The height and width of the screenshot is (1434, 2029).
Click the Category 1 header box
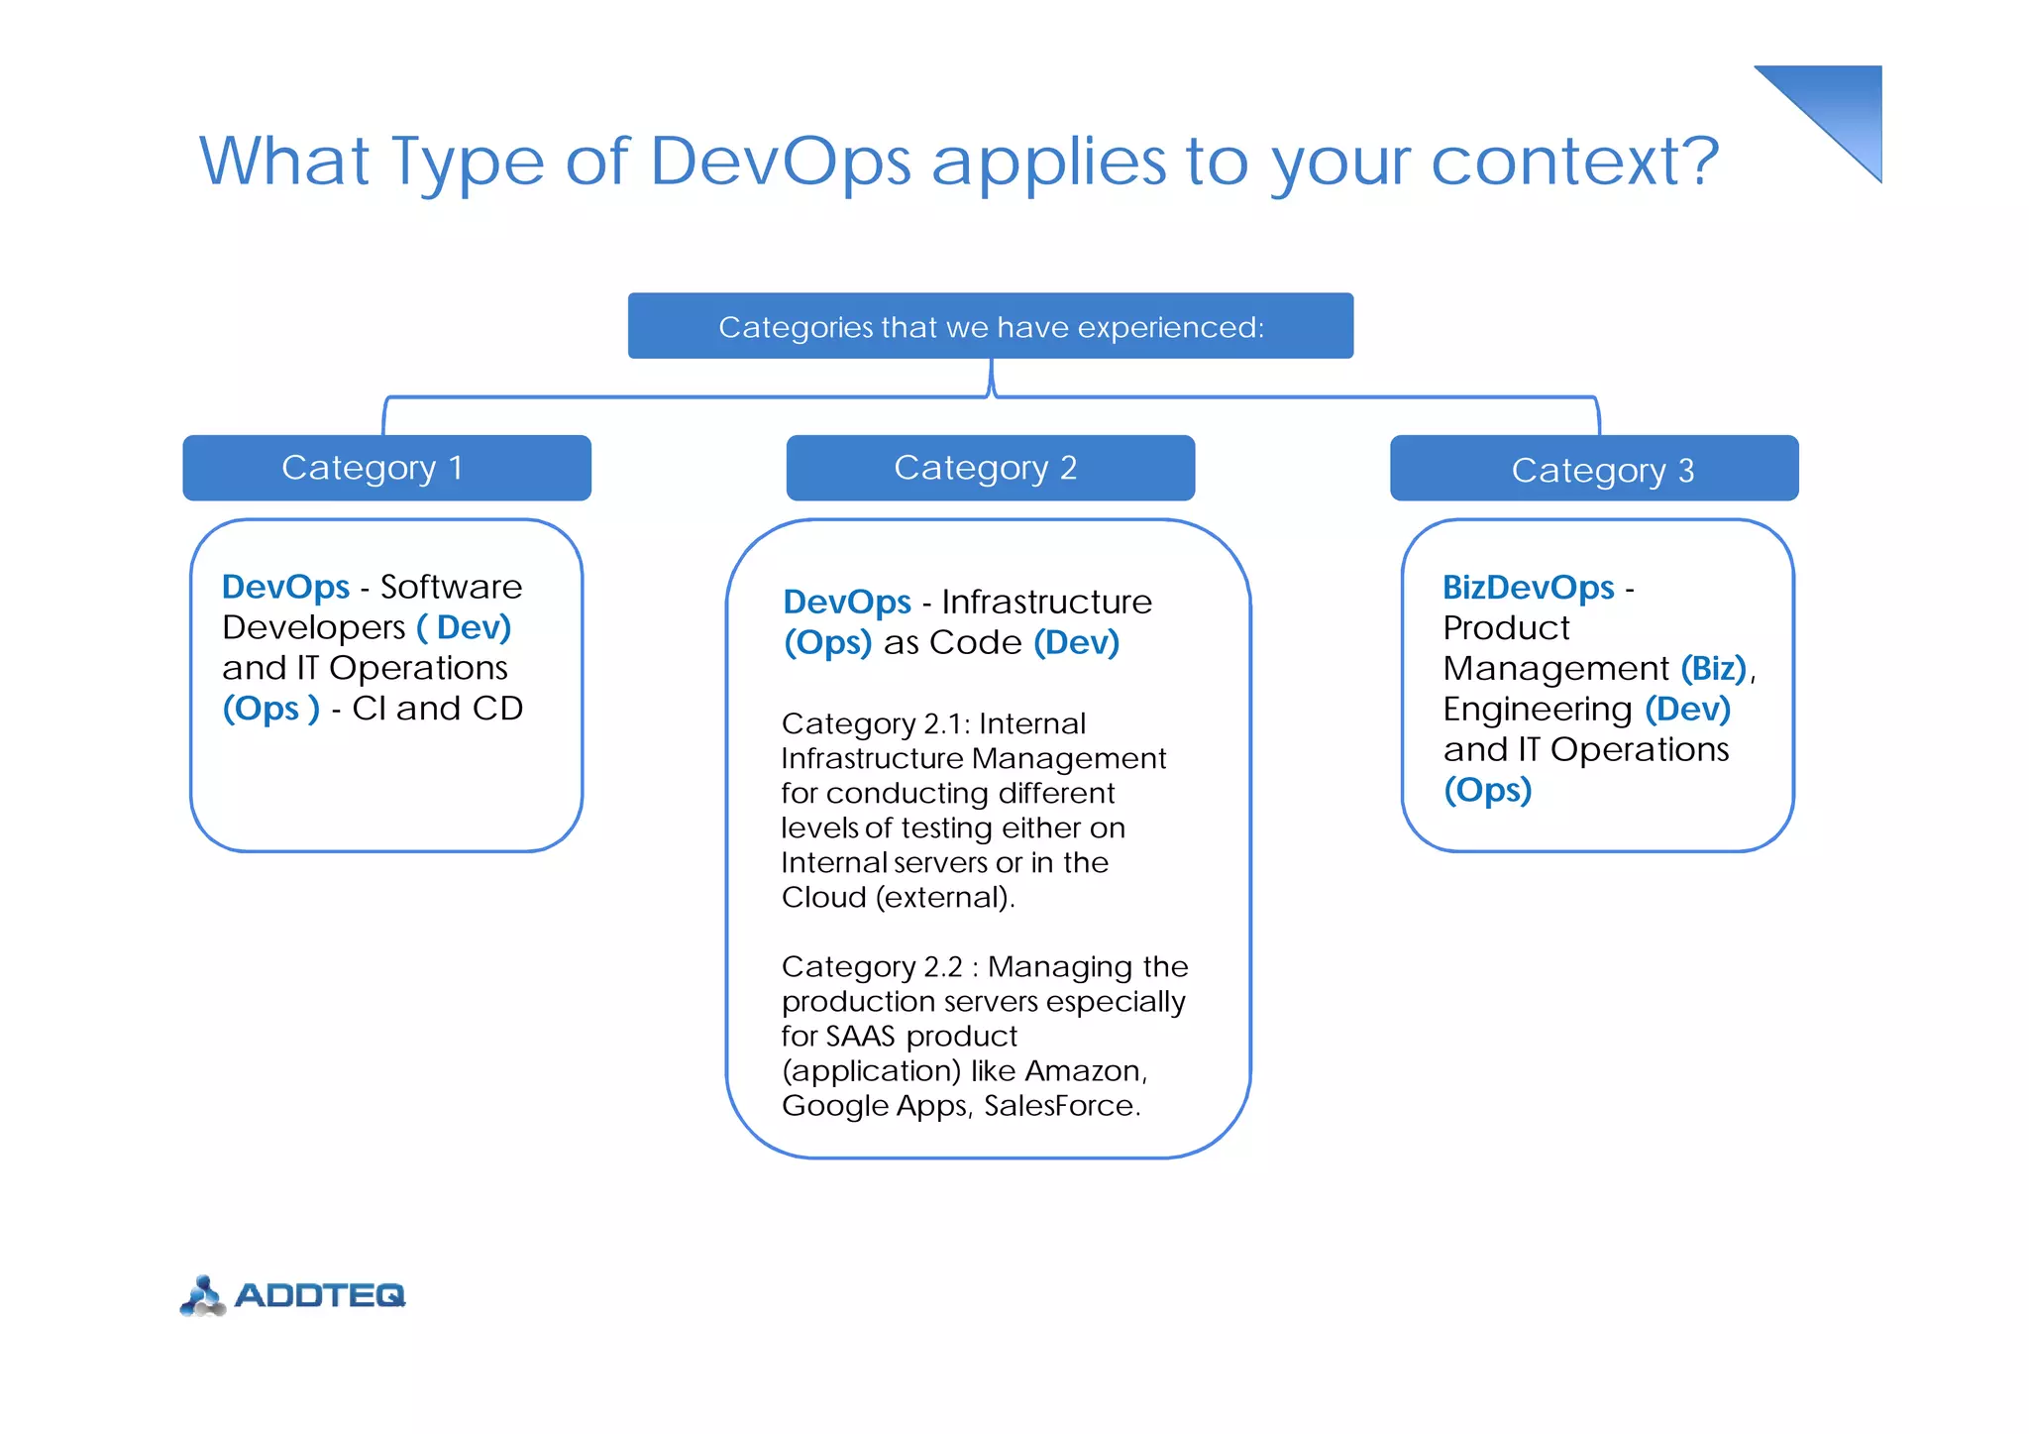(386, 468)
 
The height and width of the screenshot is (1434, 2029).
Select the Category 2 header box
(990, 468)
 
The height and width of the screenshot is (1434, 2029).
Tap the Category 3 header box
(1593, 469)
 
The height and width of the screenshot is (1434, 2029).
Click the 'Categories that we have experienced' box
(990, 326)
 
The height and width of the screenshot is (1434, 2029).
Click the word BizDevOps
(1528, 587)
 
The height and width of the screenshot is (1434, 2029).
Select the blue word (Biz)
(1713, 668)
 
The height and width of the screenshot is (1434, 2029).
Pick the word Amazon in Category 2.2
(1084, 1070)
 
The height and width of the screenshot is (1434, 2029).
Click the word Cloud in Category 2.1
(823, 897)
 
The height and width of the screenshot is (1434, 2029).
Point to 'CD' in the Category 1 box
(497, 709)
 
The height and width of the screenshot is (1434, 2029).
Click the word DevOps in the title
(780, 161)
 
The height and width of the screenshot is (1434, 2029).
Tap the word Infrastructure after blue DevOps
(1046, 602)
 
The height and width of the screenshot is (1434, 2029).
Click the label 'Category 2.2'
(871, 966)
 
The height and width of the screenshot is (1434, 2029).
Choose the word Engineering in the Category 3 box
(1537, 710)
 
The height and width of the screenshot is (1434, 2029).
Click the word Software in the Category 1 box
(451, 587)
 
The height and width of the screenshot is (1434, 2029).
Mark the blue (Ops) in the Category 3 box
(1487, 790)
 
